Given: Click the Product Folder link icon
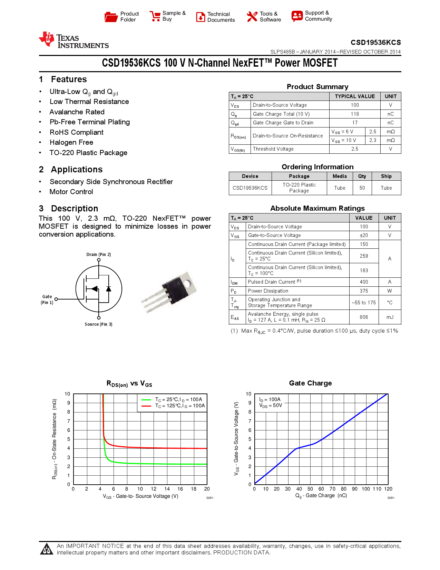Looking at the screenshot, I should tap(111, 17).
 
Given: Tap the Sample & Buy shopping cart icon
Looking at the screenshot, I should tap(155, 16).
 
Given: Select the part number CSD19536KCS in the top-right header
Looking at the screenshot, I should tap(375, 42).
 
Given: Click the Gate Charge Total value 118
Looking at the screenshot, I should tap(355, 114).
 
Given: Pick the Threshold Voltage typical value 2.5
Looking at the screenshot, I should tap(355, 149).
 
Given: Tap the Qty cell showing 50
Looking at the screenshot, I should tap(362, 188).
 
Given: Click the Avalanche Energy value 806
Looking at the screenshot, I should tap(364, 317).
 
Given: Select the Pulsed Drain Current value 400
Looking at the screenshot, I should tap(364, 282).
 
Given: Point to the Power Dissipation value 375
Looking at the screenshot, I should tap(364, 291).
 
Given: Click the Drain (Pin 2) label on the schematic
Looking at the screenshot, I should tap(99, 255).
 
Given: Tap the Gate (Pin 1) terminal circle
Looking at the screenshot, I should tap(56, 299).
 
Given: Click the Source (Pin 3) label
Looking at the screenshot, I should tap(98, 324).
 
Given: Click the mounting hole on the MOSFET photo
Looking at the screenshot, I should tap(187, 284).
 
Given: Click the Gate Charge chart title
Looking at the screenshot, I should tap(310, 383).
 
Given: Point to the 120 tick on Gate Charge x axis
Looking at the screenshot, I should tap(388, 489).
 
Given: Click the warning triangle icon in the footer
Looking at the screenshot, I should tap(47, 549).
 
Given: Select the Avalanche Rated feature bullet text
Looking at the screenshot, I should tap(77, 112).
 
